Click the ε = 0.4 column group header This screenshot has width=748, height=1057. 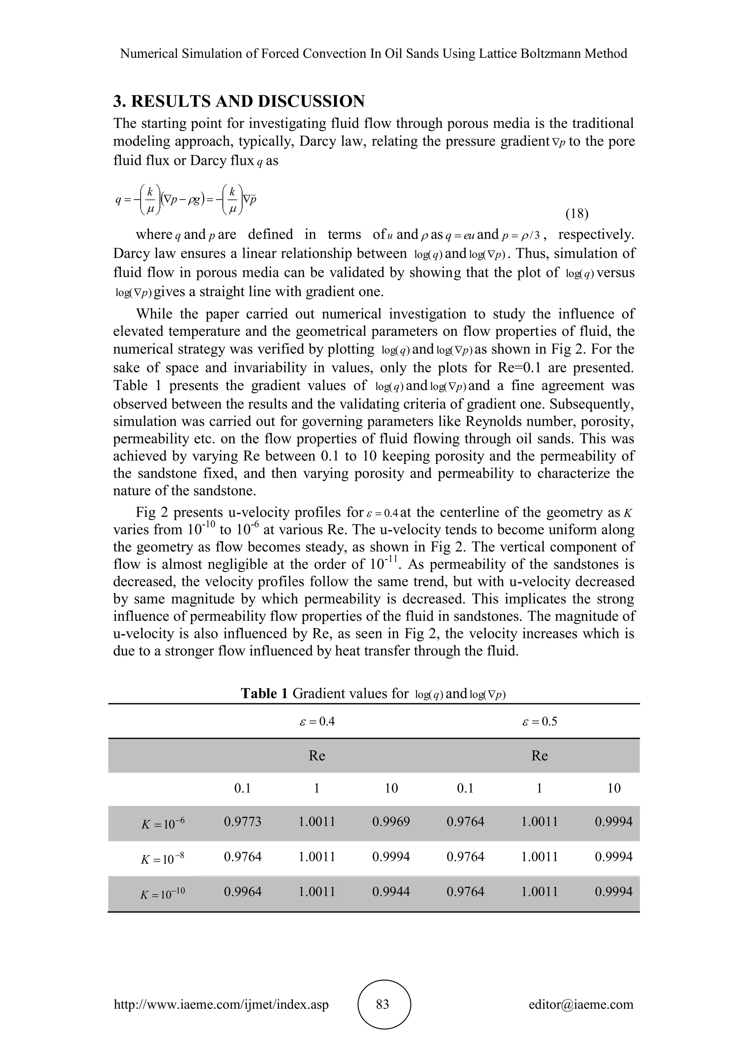click(x=317, y=721)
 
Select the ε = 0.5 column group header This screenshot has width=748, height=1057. click(x=539, y=721)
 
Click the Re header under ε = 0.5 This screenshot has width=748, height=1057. click(x=539, y=756)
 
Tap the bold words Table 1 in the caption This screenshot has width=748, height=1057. click(x=264, y=693)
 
